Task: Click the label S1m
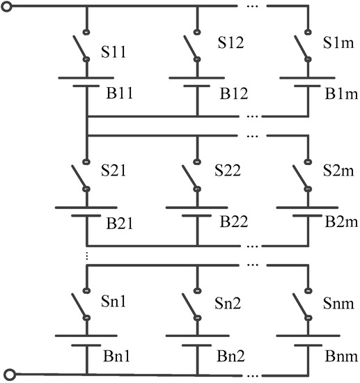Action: tap(339, 43)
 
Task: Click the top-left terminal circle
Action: tap(7, 8)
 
